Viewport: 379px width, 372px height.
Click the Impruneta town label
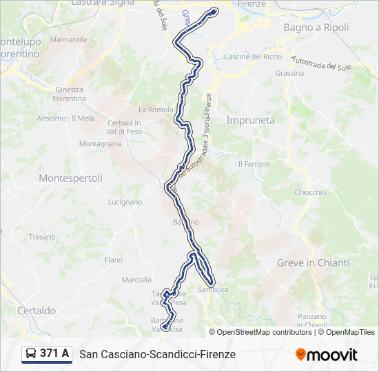pyautogui.click(x=250, y=120)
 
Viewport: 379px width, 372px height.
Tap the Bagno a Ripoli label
pyautogui.click(x=316, y=28)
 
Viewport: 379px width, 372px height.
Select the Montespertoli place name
pyautogui.click(x=70, y=178)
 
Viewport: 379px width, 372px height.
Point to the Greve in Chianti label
pyautogui.click(x=313, y=262)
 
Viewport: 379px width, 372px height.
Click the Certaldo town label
pyautogui.click(x=37, y=311)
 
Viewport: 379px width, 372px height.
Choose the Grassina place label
pyautogui.click(x=289, y=73)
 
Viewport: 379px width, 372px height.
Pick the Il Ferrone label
pyautogui.click(x=254, y=164)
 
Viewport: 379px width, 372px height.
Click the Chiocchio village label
pyautogui.click(x=310, y=192)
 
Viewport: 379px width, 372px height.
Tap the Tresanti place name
pyautogui.click(x=42, y=236)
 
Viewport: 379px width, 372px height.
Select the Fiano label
pyautogui.click(x=113, y=260)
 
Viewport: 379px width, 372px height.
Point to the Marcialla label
pyautogui.click(x=136, y=280)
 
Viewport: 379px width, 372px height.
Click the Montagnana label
pyautogui.click(x=100, y=144)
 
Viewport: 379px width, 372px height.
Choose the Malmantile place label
pyautogui.click(x=68, y=39)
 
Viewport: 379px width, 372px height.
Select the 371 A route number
pyautogui.click(x=54, y=353)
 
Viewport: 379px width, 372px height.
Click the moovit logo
pyautogui.click(x=327, y=354)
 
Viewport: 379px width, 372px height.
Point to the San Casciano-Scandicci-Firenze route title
pyautogui.click(x=158, y=354)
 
